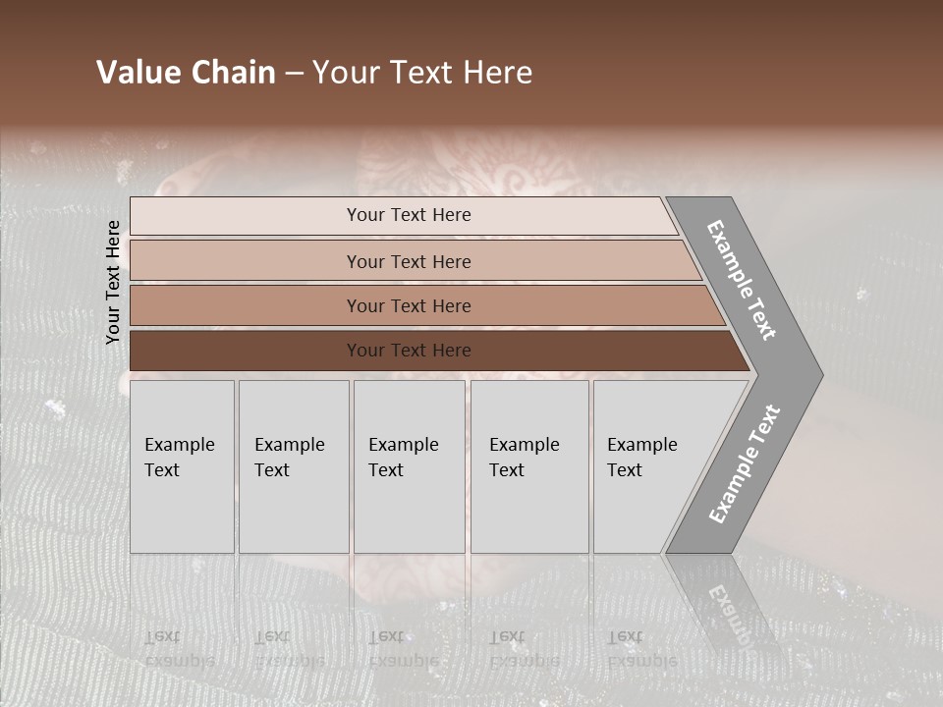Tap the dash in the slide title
point(294,74)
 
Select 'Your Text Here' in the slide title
point(422,73)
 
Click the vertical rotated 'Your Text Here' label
point(113,283)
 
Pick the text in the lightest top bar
point(409,215)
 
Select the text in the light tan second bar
point(409,262)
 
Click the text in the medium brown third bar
point(409,306)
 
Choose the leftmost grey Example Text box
point(182,466)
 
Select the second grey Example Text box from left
point(294,466)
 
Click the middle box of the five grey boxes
point(409,466)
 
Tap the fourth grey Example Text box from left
point(529,466)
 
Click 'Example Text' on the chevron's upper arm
point(742,280)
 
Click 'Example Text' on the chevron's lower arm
point(745,464)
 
